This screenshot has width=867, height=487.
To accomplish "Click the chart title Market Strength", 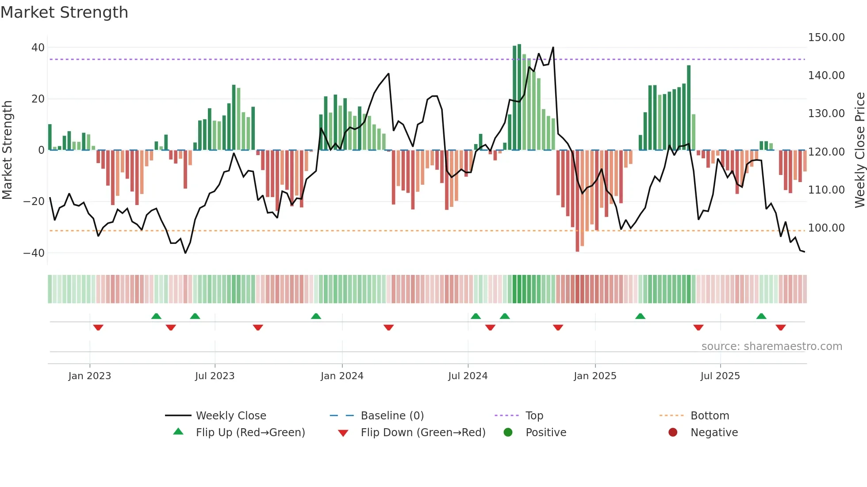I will [x=64, y=12].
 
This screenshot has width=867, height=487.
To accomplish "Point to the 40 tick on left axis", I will [x=38, y=48].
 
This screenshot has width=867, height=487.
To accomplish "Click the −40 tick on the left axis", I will [x=34, y=253].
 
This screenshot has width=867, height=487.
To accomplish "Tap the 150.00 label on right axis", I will [x=826, y=38].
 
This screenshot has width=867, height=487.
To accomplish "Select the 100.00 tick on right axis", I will [x=826, y=228].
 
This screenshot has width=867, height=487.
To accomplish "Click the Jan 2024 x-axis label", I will [x=342, y=376].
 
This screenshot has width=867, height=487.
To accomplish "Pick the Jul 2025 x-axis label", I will [x=720, y=376].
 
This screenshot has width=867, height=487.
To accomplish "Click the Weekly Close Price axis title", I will [x=859, y=150].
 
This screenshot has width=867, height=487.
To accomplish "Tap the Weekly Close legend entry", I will [x=230, y=416].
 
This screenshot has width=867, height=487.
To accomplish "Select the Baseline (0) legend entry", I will [x=392, y=416].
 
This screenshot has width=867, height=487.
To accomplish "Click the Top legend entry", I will [x=534, y=416].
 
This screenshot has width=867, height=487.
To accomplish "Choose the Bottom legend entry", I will [x=710, y=416].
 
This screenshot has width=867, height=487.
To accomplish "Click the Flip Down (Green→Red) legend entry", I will [x=422, y=433].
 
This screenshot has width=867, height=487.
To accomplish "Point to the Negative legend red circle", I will [x=672, y=433].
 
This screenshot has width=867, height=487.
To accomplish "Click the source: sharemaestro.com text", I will [x=771, y=346].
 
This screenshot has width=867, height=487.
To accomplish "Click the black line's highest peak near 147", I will [x=553, y=48].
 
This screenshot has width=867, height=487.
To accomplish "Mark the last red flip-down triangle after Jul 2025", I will [x=780, y=327].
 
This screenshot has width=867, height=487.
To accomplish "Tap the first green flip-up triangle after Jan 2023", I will [x=156, y=316].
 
